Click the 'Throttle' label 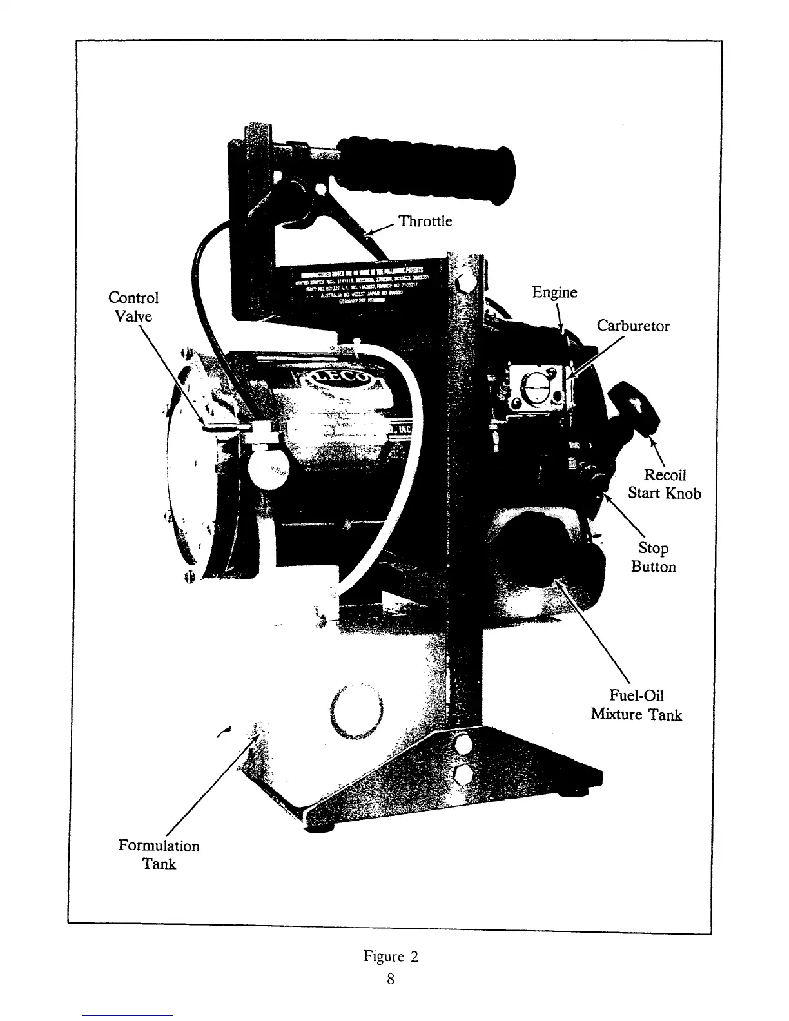425,221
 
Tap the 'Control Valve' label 133,307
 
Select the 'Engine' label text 554,293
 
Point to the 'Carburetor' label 632,326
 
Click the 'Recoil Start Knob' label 665,484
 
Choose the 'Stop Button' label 653,557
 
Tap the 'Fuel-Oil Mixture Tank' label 636,705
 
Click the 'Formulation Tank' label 159,855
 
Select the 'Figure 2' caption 391,957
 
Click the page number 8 391,979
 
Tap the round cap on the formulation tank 356,711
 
